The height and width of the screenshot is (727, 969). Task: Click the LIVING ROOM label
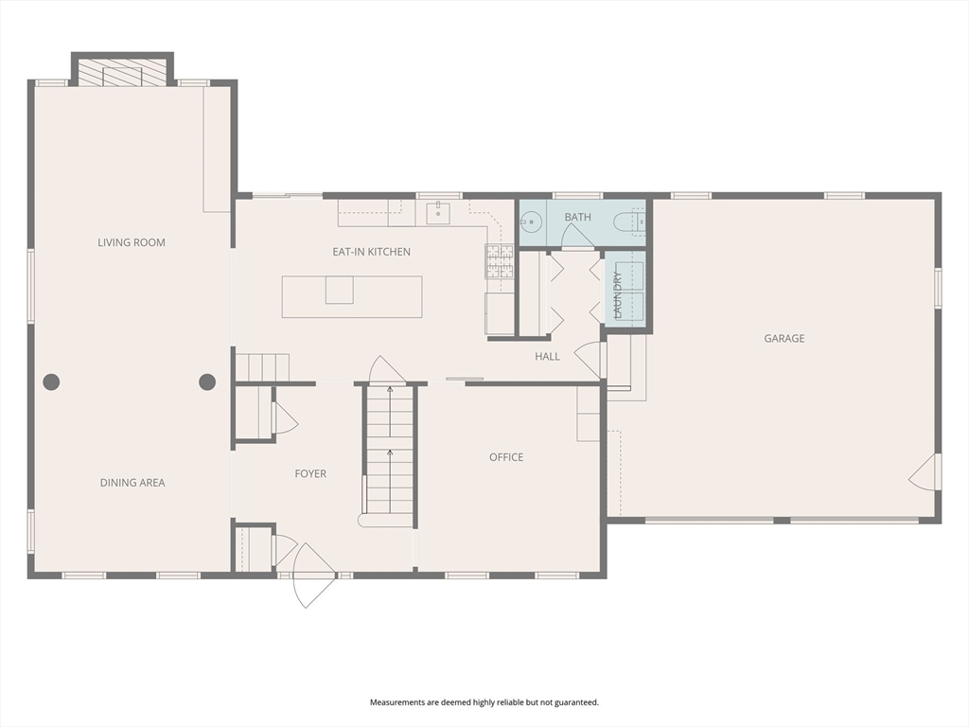(x=132, y=242)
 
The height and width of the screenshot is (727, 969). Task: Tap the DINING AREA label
(x=132, y=483)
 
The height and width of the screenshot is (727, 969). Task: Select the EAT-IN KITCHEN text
(x=371, y=252)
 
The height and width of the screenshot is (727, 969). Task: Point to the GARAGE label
(x=784, y=338)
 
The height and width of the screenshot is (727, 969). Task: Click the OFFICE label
(x=506, y=457)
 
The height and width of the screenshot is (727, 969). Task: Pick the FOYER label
(x=310, y=473)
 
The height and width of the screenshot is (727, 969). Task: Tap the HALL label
(x=547, y=357)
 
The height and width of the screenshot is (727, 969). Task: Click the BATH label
(x=577, y=217)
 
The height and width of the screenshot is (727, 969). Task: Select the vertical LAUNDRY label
(x=618, y=293)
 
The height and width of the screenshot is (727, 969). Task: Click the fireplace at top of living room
(x=122, y=74)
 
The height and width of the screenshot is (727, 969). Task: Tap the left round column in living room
(x=51, y=382)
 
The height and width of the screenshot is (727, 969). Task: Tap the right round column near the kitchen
(x=207, y=382)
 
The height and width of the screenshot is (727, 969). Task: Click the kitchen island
(x=352, y=296)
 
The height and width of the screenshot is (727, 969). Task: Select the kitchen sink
(x=439, y=213)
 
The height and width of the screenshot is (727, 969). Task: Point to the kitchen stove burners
(x=499, y=261)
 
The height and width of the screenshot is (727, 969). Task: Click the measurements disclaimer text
(x=484, y=702)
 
